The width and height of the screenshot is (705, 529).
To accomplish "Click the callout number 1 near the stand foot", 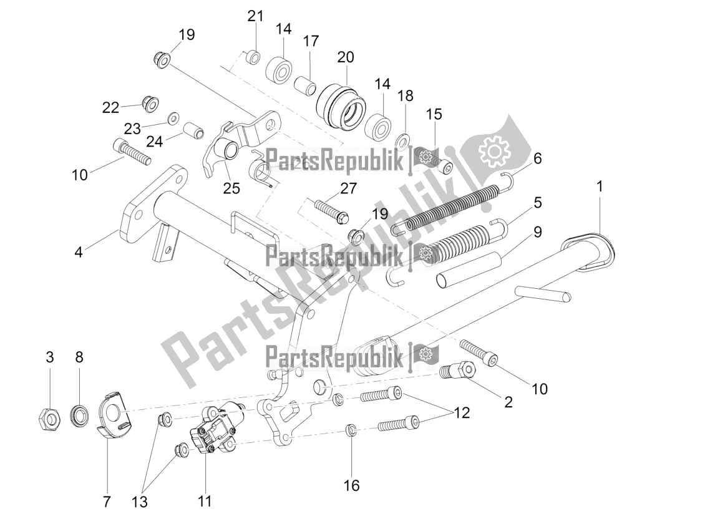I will [x=600, y=185].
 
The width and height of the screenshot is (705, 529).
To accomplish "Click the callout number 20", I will [x=346, y=57].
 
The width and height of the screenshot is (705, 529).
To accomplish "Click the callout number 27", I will [x=348, y=188].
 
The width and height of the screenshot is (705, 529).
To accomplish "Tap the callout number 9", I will [x=537, y=232].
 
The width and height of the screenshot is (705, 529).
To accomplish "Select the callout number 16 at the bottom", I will [x=352, y=485].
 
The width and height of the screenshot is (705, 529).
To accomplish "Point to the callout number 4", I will [x=79, y=253].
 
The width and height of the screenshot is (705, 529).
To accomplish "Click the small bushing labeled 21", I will [x=253, y=57].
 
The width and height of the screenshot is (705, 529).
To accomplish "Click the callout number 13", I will [x=140, y=502].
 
